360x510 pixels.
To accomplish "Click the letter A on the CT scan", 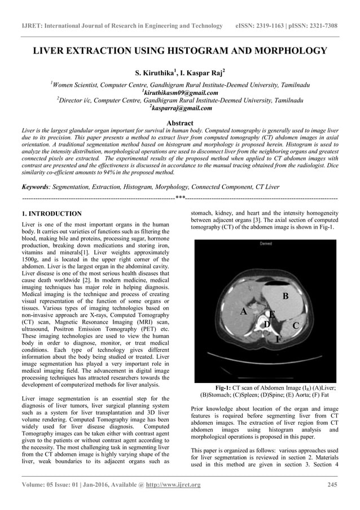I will tap(244, 311).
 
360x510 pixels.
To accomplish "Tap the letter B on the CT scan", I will tap(286, 296).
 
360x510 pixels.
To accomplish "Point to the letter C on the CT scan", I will tap(295, 325).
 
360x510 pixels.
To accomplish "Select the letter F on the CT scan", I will tap(278, 339).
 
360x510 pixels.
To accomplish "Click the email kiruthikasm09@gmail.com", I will tap(181, 93).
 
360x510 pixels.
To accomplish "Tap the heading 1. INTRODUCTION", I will tap(51, 214).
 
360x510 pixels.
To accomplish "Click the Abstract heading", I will tap(180, 123).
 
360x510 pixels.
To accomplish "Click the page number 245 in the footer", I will tap(332, 485).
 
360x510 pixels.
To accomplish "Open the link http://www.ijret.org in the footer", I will tap(173, 485).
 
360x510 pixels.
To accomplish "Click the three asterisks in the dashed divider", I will tap(180, 198).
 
